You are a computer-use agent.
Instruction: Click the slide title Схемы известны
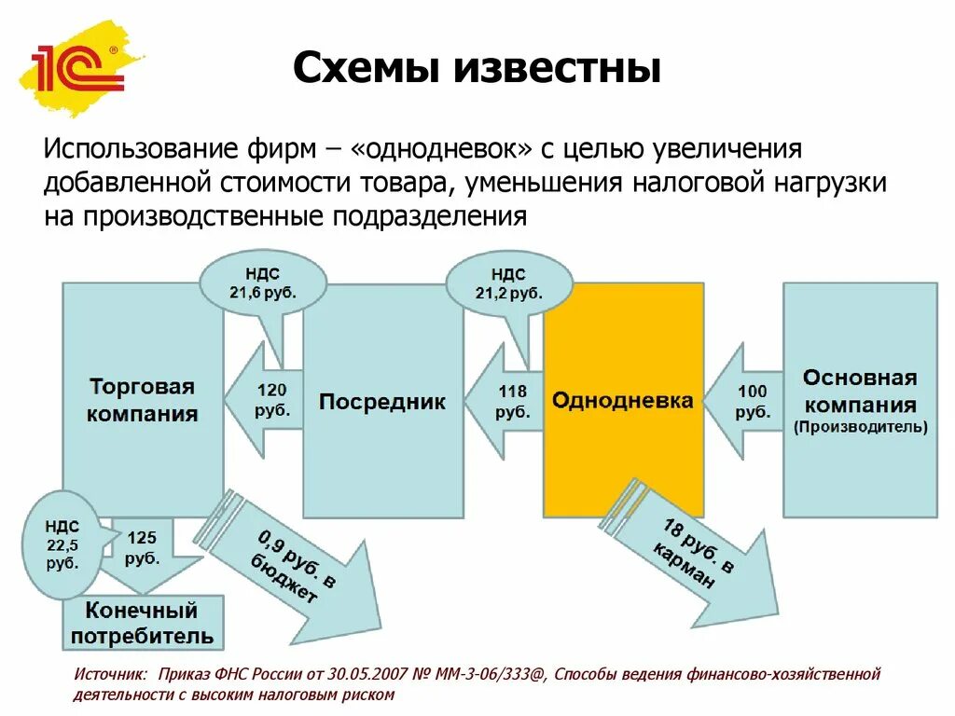(x=477, y=69)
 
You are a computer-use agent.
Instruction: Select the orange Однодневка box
(x=623, y=401)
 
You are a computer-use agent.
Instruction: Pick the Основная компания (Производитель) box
(x=860, y=401)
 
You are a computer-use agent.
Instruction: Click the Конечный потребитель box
(x=143, y=624)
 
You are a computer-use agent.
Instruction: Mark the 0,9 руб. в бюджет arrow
(x=289, y=565)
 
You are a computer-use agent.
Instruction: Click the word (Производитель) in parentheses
(x=860, y=428)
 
